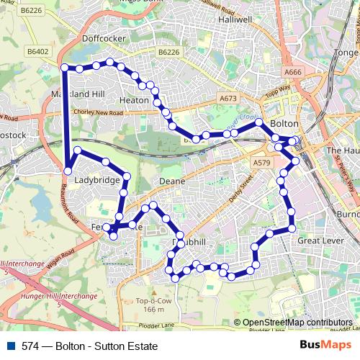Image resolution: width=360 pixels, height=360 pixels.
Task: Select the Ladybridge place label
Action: click(97, 180)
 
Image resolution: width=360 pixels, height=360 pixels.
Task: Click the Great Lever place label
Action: click(318, 240)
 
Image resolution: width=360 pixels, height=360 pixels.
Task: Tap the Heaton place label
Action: click(134, 101)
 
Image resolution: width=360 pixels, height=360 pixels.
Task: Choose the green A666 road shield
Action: click(292, 72)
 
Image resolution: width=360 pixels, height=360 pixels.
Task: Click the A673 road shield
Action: click(228, 98)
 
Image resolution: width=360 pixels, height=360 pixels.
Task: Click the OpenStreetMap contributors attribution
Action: click(297, 323)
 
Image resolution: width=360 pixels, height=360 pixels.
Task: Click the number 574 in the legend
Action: click(30, 346)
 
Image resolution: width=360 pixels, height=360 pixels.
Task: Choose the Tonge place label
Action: click(346, 52)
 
